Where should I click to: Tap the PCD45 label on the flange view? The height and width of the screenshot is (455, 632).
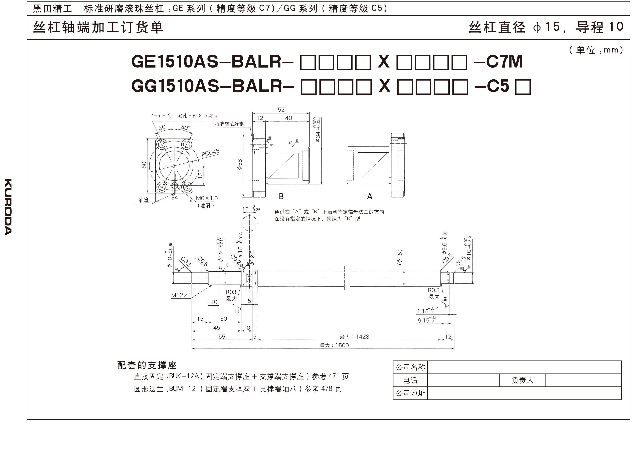[210, 153]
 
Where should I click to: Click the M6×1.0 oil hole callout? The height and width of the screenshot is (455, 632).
[206, 198]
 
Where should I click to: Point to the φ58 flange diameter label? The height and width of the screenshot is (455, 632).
[240, 164]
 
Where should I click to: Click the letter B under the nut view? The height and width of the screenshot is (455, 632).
[281, 197]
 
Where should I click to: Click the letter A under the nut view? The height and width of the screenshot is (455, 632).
[370, 197]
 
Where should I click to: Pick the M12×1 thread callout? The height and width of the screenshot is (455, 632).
[181, 295]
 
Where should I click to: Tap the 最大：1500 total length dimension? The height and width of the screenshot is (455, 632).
[334, 345]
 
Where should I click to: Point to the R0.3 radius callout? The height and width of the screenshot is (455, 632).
[434, 290]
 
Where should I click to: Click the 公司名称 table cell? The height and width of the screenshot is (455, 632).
[410, 367]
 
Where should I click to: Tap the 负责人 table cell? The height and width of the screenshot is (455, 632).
[522, 380]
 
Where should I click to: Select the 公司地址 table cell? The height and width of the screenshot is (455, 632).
[410, 393]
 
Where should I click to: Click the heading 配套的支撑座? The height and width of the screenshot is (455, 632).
[147, 365]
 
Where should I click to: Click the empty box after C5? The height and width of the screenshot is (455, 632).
[523, 87]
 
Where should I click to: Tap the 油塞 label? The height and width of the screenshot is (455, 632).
[144, 200]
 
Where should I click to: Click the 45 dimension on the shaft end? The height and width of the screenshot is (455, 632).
[217, 328]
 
